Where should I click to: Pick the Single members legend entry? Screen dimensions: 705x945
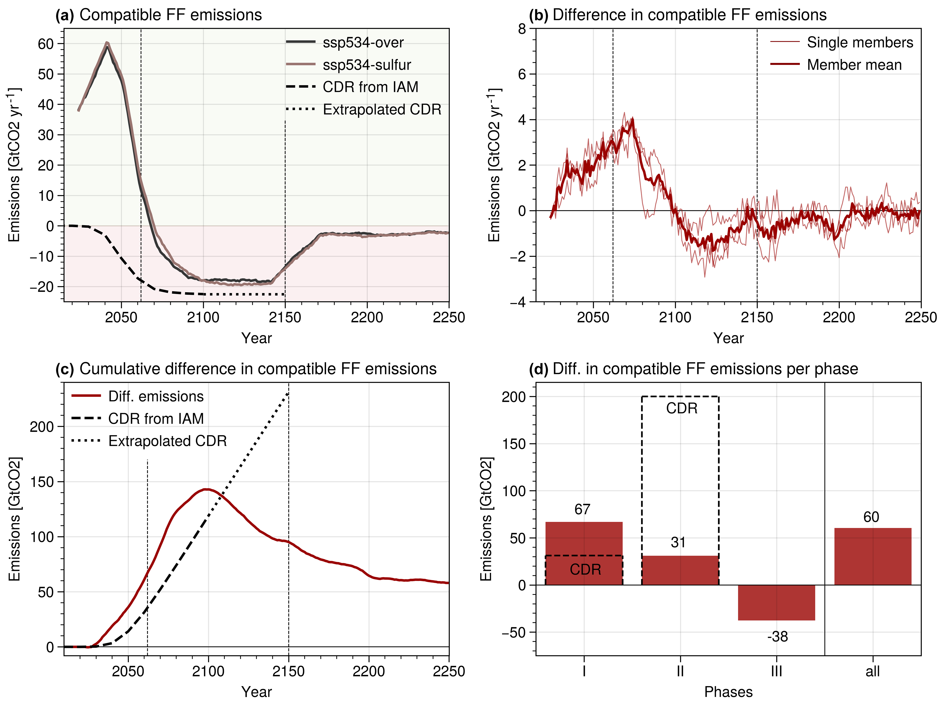click(860, 42)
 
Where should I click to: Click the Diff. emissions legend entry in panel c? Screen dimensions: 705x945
click(156, 396)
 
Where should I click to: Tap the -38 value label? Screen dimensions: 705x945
click(777, 637)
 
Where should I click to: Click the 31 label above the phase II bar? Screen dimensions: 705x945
click(678, 543)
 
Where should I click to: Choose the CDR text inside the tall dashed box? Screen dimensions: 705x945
click(681, 408)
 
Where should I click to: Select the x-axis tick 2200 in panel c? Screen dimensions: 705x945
click(369, 671)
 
